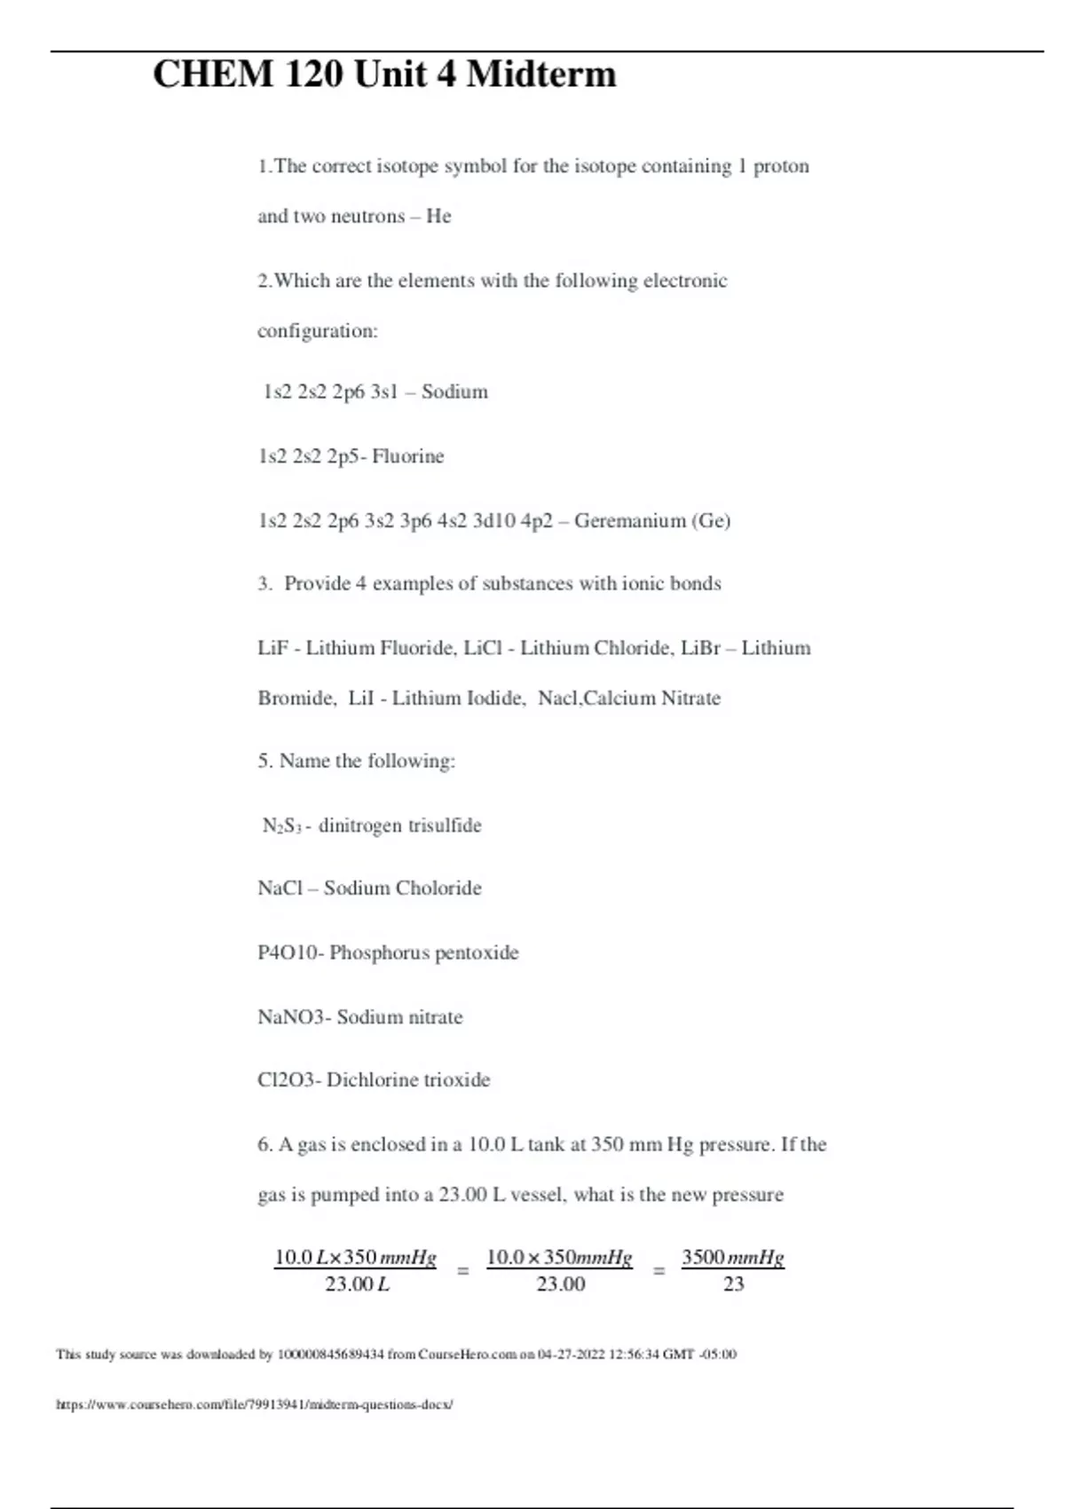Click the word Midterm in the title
coord(541,74)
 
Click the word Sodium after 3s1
coord(454,391)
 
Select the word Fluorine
coord(408,456)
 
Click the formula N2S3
coord(282,826)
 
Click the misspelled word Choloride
coord(438,888)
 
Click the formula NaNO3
coord(292,1016)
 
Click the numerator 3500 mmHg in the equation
coord(733,1257)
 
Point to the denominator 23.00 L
coord(357,1284)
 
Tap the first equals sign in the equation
coord(462,1271)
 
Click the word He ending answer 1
coord(438,216)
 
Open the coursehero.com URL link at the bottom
coord(255,1404)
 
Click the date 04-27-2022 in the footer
coord(572,1355)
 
